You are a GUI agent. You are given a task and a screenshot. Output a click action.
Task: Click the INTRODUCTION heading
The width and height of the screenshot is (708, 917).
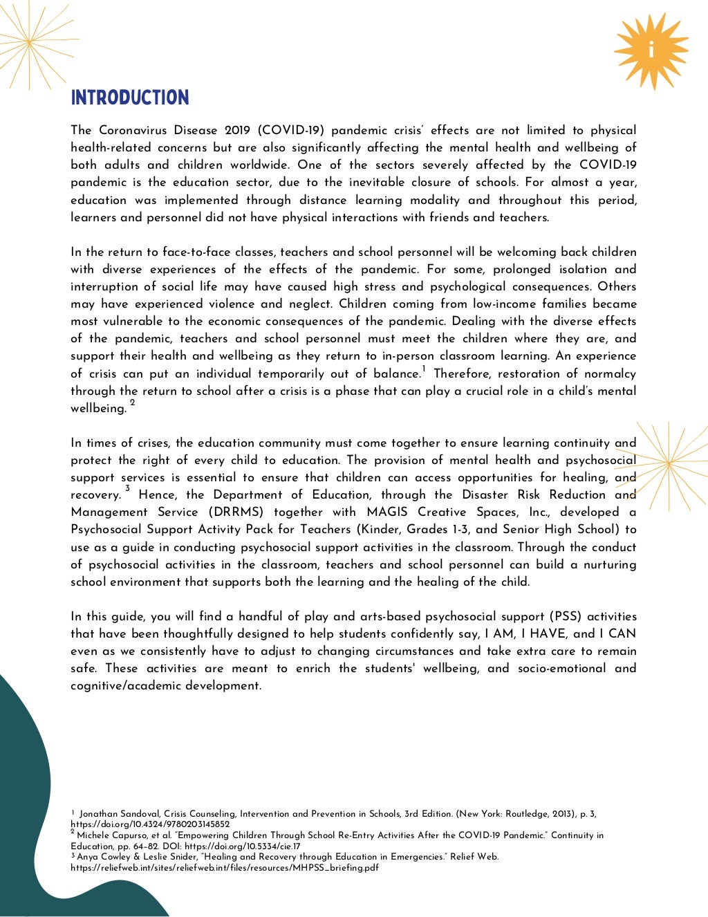tap(129, 98)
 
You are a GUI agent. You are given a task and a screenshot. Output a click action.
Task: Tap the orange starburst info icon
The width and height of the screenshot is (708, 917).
tap(651, 51)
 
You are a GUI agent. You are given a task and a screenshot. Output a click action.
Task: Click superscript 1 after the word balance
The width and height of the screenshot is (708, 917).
tap(424, 370)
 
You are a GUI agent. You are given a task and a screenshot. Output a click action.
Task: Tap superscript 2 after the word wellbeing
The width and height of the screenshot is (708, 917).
tap(133, 403)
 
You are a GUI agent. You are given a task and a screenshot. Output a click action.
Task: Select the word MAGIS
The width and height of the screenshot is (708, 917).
tap(388, 512)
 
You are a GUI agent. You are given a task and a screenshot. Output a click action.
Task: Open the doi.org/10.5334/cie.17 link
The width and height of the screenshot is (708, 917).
tap(242, 846)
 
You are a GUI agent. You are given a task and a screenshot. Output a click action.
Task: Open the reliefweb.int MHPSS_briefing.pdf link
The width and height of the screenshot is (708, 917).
tap(224, 868)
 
